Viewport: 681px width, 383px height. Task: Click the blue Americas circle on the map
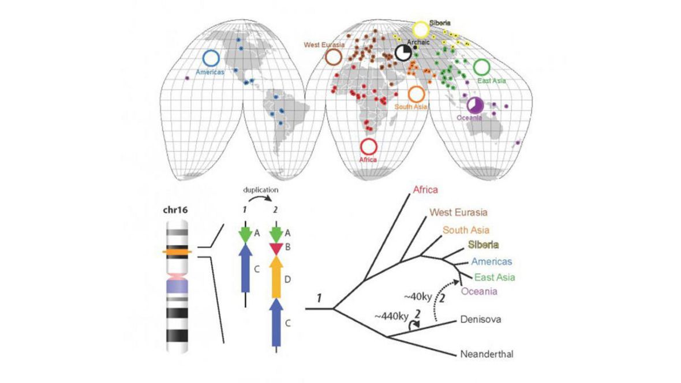point(211,58)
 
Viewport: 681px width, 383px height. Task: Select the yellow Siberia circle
point(421,29)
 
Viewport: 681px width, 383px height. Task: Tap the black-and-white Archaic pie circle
point(403,53)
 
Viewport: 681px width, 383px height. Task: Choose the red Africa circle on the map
point(368,147)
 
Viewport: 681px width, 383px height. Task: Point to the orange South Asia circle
point(416,94)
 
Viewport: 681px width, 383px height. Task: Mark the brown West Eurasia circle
point(334,57)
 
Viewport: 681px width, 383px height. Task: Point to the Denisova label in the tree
point(482,318)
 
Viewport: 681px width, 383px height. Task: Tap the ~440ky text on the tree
point(391,317)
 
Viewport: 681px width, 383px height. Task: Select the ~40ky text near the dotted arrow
point(416,296)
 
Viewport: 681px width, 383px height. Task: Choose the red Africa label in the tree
point(425,190)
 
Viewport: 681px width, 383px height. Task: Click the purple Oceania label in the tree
point(479,291)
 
